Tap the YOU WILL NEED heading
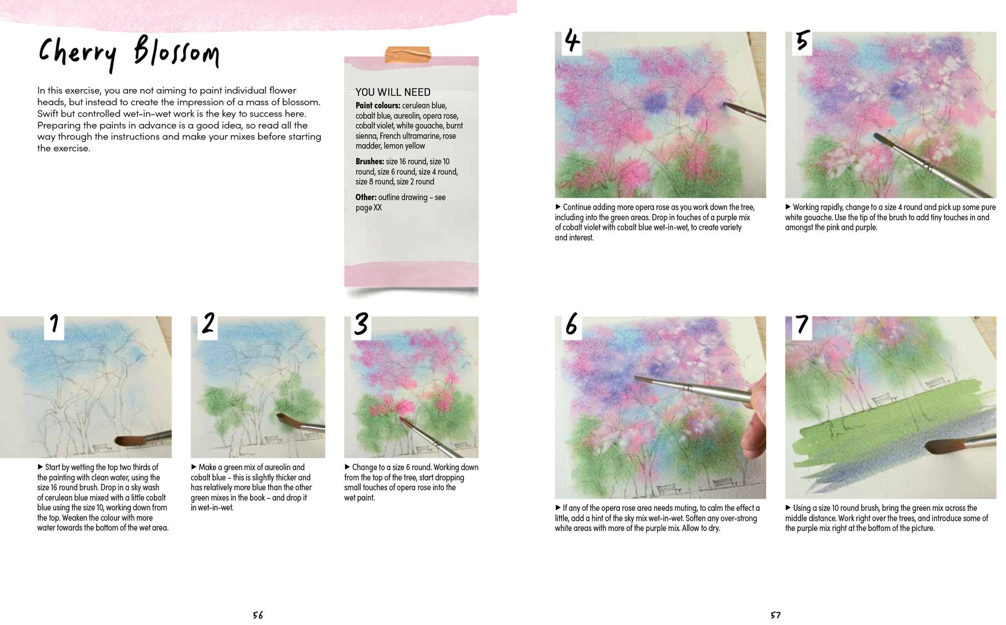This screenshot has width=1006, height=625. [393, 92]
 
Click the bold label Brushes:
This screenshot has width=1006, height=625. [370, 161]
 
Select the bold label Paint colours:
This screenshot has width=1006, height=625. [378, 106]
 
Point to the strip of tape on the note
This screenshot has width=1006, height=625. [408, 54]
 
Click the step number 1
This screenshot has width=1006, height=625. [54, 324]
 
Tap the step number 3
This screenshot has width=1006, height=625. [361, 324]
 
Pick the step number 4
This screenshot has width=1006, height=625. [572, 40]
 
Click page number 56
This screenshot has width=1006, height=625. [258, 615]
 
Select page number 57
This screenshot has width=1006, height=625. [775, 615]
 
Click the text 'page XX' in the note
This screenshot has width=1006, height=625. [369, 208]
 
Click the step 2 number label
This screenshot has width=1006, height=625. [208, 324]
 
